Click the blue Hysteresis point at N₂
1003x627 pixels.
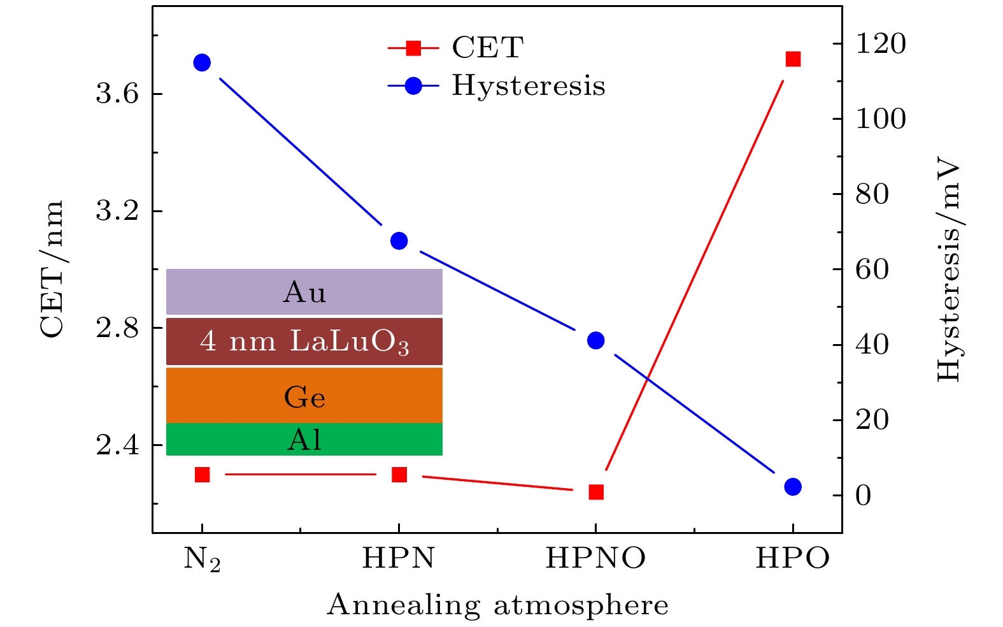(202, 62)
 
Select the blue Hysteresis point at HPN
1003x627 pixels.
(399, 241)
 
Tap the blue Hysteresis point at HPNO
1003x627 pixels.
(595, 340)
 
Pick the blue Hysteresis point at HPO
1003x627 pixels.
(792, 487)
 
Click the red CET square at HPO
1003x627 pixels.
(793, 59)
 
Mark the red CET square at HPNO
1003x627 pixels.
(596, 492)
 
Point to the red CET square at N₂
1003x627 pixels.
(202, 475)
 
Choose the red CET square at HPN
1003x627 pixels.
(399, 475)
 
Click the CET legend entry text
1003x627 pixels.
(488, 48)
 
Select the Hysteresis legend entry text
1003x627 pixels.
(529, 86)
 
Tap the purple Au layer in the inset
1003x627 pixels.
(304, 292)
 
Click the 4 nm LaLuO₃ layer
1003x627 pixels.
(304, 342)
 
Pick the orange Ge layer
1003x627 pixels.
(304, 396)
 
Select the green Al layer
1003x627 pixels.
(304, 440)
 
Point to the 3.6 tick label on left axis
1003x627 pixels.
(117, 94)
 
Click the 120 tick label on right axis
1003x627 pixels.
(880, 44)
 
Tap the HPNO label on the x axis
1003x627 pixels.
(595, 559)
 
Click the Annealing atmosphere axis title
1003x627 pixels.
(497, 605)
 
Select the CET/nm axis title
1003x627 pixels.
(52, 269)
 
